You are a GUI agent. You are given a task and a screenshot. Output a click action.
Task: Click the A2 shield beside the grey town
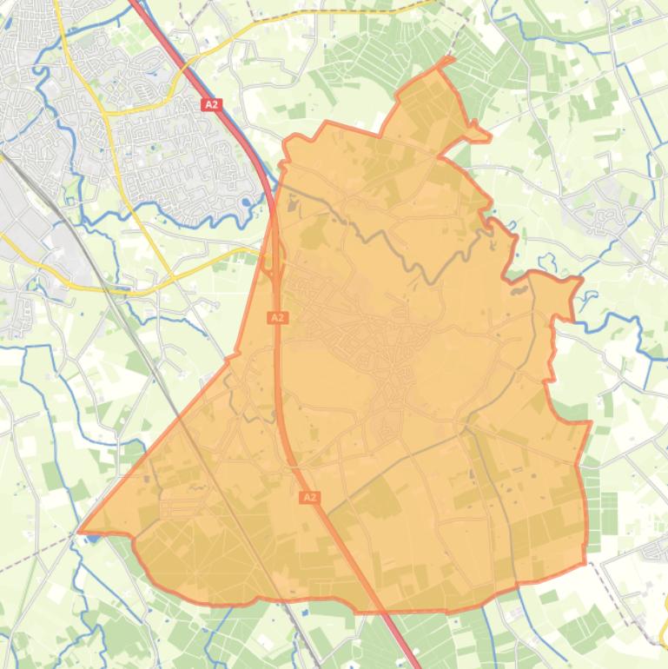211,104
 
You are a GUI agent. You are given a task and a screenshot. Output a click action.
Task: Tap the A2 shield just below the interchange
277,318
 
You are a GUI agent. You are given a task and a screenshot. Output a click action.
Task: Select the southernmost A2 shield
309,497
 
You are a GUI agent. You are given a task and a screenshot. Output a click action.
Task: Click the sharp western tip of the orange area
80,530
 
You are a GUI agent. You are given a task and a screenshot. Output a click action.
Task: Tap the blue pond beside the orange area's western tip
91,538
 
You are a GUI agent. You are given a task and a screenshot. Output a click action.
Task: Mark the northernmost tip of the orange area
451,59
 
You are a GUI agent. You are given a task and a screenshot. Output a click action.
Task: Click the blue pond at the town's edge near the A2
247,202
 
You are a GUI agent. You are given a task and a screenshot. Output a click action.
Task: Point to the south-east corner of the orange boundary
585,564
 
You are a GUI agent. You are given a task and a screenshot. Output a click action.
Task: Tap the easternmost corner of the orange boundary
591,423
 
